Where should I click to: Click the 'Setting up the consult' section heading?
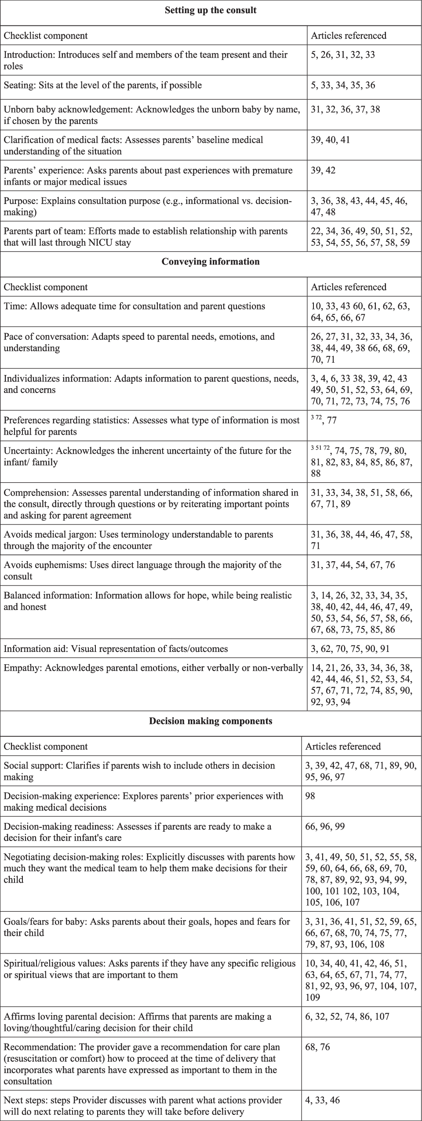211,11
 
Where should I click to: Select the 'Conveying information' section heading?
211,262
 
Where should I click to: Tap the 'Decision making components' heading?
211,721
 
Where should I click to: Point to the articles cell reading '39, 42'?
323,170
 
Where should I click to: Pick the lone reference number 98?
310,796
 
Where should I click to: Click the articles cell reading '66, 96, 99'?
325,826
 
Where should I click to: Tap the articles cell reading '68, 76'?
317,1047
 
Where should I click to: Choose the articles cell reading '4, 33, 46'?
322,1100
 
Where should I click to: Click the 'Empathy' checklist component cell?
153,668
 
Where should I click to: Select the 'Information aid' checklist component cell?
116,648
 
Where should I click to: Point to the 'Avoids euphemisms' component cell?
142,570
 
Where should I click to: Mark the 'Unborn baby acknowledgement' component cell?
152,115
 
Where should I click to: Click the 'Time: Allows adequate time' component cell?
135,306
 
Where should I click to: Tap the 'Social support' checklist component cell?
139,771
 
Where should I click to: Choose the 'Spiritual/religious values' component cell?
149,969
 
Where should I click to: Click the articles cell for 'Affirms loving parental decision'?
347,1016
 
